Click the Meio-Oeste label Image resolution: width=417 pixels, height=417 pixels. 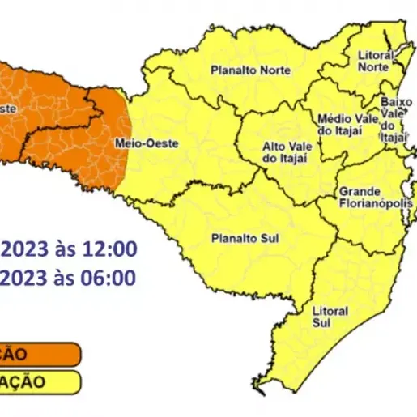click(132, 144)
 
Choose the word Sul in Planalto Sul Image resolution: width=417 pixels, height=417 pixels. click(262, 239)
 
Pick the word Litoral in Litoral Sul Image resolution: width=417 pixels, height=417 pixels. click(330, 310)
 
